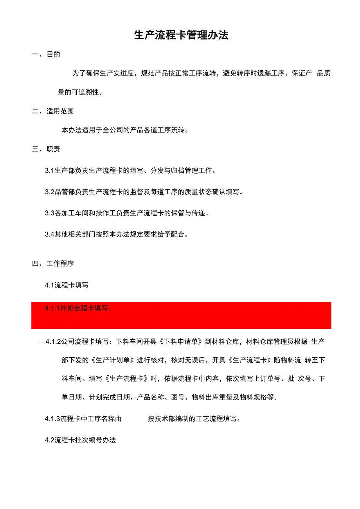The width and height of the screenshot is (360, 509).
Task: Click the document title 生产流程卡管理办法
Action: (181, 35)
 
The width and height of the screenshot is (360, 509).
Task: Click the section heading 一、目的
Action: (46, 54)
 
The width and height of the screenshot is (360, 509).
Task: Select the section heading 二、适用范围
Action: (53, 111)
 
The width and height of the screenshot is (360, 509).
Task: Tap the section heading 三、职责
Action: (46, 149)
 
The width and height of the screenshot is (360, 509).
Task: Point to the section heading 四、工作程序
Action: (53, 263)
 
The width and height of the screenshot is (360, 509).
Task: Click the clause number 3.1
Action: (49, 170)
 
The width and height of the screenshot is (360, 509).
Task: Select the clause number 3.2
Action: (49, 192)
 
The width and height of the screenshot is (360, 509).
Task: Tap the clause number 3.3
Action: (49, 213)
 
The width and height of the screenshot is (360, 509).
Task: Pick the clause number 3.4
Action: (49, 235)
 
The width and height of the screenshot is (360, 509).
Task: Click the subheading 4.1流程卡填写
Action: (67, 285)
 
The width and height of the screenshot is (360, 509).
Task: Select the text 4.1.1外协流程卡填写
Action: (78, 308)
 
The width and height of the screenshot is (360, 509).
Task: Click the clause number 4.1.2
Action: (53, 342)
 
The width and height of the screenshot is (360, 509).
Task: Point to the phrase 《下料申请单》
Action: (180, 342)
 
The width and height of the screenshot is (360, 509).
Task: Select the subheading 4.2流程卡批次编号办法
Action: (80, 440)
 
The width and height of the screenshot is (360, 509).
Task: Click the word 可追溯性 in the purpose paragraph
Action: (86, 92)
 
